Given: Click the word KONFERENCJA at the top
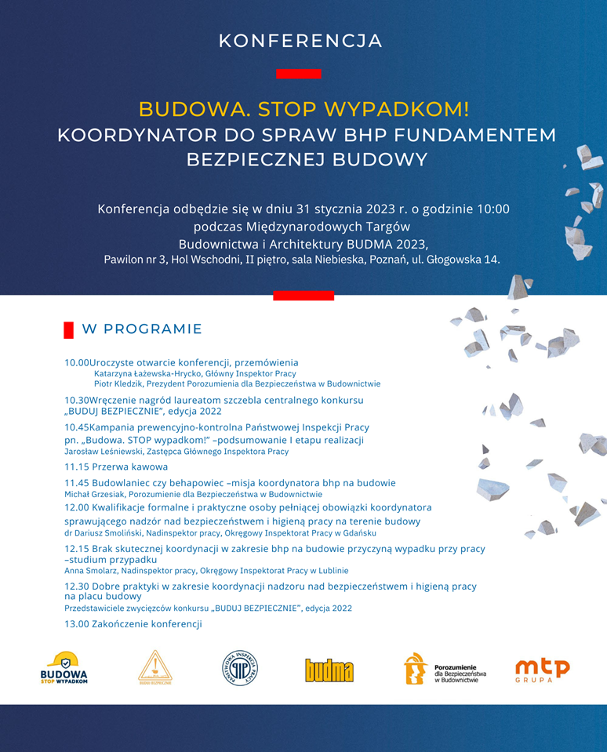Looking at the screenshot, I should pos(300,41).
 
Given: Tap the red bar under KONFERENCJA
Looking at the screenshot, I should pos(298,74).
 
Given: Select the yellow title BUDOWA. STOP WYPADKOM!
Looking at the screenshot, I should pos(304,108).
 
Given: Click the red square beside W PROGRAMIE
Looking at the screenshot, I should pos(68,329).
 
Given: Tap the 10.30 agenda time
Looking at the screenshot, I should pos(76,400).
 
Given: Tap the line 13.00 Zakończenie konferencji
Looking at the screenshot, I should pos(133,624).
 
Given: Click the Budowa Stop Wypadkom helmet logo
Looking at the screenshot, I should pos(64,669).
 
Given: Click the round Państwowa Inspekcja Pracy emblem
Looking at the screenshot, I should pos(240,669).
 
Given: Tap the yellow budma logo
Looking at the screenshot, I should pos(329,670).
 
